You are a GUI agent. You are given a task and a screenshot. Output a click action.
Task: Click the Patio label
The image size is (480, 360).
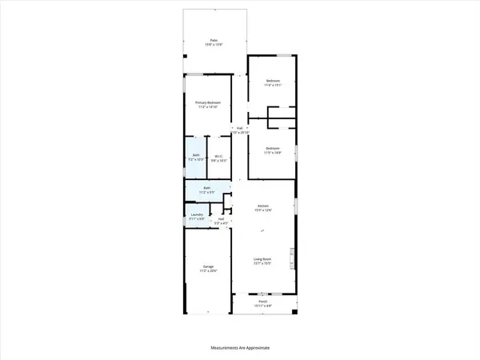[214, 39]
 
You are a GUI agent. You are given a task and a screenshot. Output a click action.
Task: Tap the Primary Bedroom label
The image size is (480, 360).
[208, 102]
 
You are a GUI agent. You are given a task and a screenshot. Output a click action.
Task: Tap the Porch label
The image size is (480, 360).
[264, 302]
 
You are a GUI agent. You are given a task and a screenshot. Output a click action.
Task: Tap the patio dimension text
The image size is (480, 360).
[214, 44]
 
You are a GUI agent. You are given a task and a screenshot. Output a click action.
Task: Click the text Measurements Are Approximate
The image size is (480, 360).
[240, 348]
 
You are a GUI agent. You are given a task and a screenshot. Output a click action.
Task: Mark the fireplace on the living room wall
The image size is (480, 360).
[293, 259]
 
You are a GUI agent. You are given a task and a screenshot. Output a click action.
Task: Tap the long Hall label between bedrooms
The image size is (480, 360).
[238, 127]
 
